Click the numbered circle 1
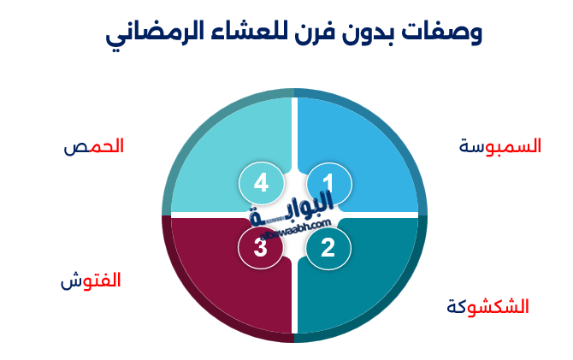pyautogui.click(x=328, y=183)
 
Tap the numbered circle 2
pyautogui.click(x=328, y=248)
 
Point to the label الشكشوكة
pyautogui.click(x=488, y=306)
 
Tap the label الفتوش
pyautogui.click(x=91, y=280)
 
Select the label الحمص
pyautogui.click(x=94, y=146)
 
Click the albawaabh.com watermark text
pyautogui.click(x=295, y=227)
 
